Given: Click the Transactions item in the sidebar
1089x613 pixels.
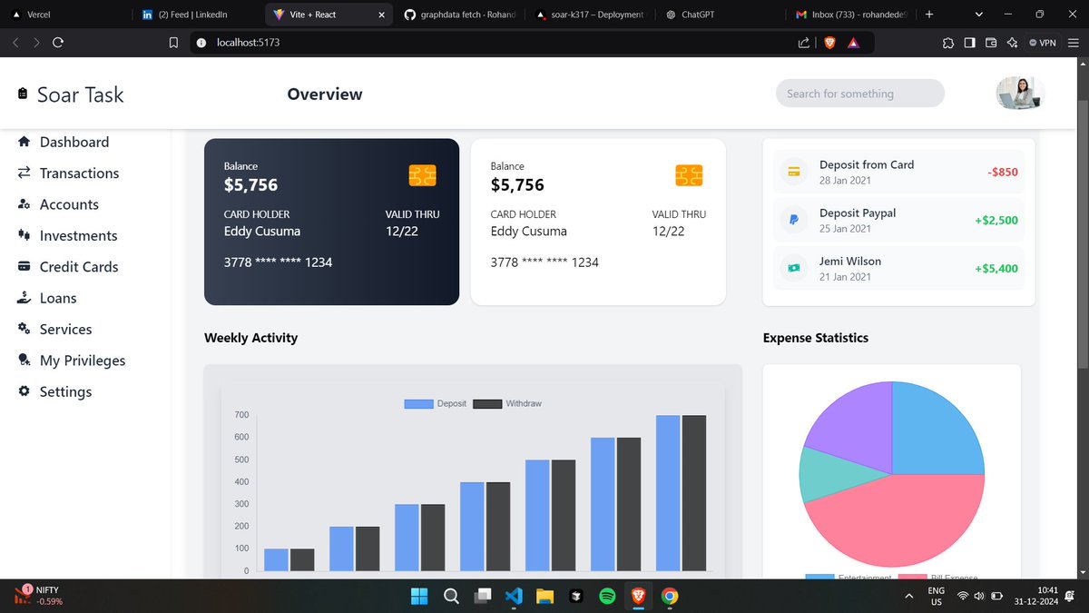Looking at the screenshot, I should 79,173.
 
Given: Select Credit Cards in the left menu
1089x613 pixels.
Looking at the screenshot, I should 79,267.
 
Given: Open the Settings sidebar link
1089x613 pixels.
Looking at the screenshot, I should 65,392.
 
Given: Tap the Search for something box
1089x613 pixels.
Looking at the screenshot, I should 859,94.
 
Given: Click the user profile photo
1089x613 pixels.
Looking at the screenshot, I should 1020,94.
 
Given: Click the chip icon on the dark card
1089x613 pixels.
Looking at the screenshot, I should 423,175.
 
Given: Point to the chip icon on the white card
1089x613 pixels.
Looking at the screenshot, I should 690,175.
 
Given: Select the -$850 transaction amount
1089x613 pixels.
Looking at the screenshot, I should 1002,172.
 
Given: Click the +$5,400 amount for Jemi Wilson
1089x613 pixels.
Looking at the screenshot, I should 996,269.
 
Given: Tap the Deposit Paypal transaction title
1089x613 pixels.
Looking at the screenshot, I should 857,213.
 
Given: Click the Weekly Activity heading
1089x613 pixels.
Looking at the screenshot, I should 250,338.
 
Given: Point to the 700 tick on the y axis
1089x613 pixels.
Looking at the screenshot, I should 241,415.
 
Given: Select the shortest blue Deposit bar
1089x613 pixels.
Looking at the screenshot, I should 276,559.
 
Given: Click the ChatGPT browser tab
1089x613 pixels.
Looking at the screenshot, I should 697,15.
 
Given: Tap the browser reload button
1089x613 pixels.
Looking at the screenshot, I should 58,43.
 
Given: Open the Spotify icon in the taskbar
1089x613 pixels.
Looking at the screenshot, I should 607,597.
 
